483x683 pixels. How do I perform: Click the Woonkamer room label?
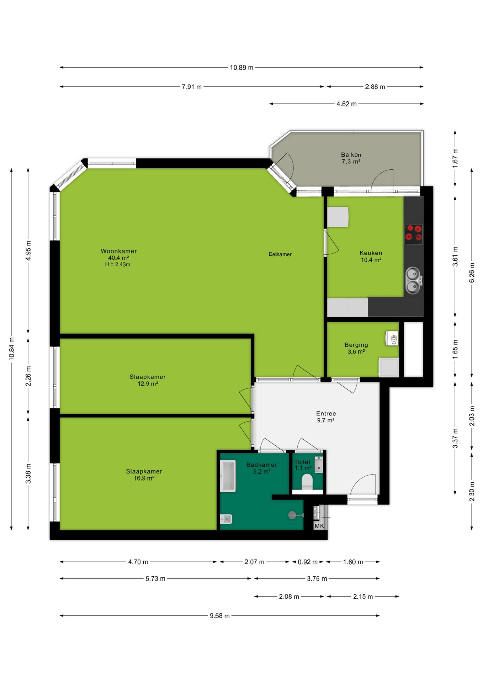(118, 251)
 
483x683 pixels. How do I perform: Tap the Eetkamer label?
(280, 254)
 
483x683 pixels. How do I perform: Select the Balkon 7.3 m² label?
(351, 158)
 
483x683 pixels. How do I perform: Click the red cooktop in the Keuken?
(413, 234)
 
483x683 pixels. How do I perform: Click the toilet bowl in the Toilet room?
(307, 482)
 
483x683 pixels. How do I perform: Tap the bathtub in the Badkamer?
(228, 476)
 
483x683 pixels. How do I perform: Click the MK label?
(319, 526)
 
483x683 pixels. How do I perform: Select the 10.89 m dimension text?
(241, 68)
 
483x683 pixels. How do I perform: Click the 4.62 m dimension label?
(346, 104)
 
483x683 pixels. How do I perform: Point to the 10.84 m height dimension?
(12, 349)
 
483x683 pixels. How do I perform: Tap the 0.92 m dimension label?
(308, 562)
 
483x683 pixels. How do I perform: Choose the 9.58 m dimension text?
(219, 616)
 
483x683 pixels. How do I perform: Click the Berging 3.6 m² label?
(356, 348)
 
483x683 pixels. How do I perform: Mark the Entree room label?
(326, 413)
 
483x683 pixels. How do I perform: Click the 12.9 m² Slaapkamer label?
(148, 380)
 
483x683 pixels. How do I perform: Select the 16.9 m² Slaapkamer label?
(144, 475)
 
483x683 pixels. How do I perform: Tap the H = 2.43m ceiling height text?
(118, 264)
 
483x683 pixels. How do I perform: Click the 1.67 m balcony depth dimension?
(455, 158)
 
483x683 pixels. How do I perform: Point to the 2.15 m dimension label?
(363, 597)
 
